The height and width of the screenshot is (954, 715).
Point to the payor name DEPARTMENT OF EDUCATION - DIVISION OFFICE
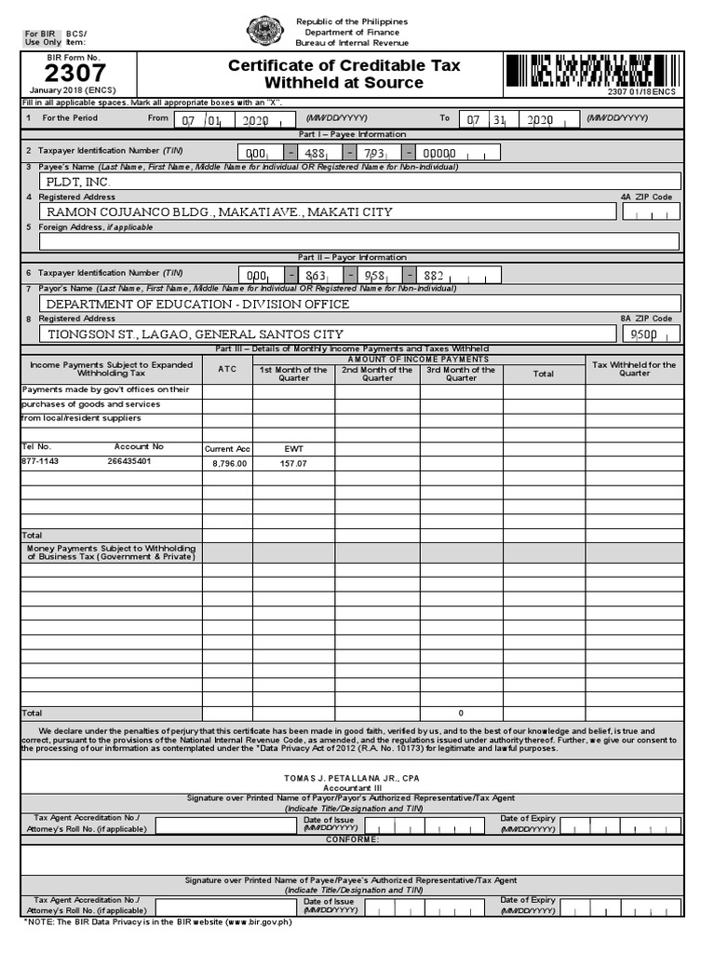point(198,305)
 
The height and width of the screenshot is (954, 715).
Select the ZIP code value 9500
point(644,334)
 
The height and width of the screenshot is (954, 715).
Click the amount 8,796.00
point(229,463)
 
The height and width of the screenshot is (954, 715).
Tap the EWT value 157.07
point(293,463)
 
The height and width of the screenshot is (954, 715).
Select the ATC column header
point(227,370)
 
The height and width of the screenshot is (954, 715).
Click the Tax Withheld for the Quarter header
point(634,369)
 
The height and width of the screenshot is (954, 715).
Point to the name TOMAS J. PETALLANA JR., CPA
point(353,777)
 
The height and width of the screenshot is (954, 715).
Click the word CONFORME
point(352,840)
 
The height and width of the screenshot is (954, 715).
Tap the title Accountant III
point(353,788)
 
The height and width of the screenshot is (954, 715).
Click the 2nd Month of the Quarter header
point(377,374)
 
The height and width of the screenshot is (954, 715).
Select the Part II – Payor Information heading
point(352,257)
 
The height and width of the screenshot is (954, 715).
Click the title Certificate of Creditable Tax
point(344,66)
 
